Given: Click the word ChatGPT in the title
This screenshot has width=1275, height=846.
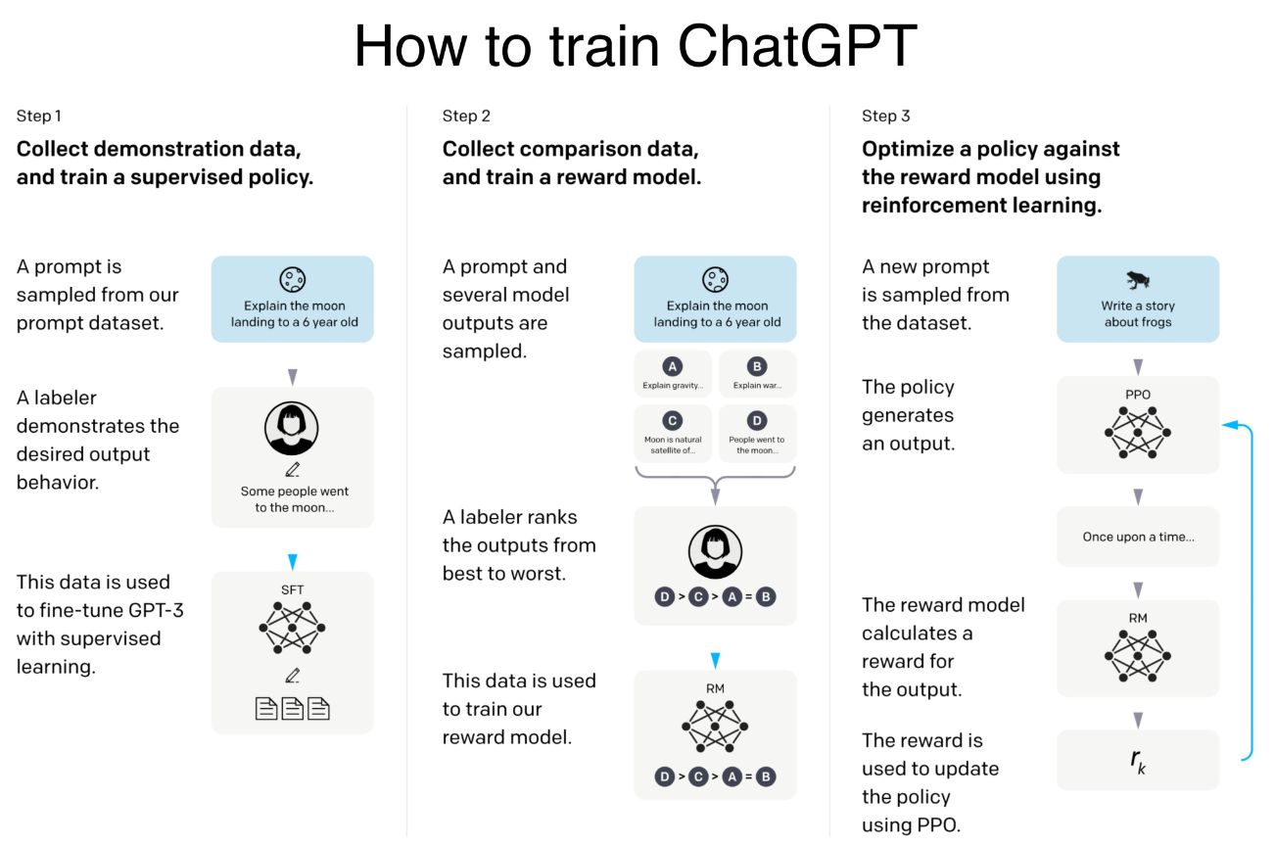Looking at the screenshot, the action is tap(797, 46).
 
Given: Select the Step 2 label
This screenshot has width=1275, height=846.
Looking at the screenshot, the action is tap(466, 117).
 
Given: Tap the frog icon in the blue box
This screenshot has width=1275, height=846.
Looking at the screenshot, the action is tap(1138, 279).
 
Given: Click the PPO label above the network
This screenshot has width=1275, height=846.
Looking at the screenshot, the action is tap(1138, 395).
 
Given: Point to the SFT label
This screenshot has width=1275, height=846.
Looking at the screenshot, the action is tap(293, 589).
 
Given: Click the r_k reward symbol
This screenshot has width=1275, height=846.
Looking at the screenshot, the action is tap(1138, 761).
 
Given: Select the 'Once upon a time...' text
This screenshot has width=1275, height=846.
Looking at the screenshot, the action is tap(1138, 537).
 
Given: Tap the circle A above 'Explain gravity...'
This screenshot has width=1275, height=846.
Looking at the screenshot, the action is tap(673, 366).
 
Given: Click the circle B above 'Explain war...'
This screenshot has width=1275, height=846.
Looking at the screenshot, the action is tap(757, 366).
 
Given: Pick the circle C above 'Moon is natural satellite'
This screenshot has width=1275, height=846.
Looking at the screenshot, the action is tap(673, 421).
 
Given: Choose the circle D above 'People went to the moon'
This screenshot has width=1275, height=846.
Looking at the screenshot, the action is tap(757, 421).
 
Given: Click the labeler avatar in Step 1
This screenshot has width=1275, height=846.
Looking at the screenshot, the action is tap(292, 428).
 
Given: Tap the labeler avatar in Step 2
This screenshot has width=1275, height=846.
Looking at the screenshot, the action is tap(716, 551).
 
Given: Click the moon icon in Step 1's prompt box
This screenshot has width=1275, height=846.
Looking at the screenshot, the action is tap(293, 279).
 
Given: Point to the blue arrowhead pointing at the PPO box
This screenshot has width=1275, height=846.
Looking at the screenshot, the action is tap(1231, 425).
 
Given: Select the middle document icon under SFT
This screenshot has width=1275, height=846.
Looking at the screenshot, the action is tap(293, 709).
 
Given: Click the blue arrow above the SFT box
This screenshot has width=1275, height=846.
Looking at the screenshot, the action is tap(293, 562).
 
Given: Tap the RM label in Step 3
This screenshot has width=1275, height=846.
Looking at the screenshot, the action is tap(1138, 618).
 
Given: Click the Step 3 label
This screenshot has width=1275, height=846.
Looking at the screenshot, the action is tap(885, 117).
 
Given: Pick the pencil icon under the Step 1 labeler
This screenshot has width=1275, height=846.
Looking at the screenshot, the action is tap(292, 470).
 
